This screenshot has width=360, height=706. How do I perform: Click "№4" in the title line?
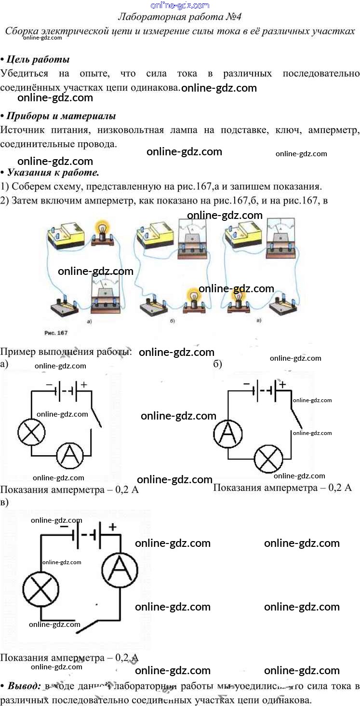(233, 17)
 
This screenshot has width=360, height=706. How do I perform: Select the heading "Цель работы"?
(37, 60)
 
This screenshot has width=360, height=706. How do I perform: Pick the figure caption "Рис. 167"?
(55, 333)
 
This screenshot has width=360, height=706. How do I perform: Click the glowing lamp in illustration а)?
(102, 229)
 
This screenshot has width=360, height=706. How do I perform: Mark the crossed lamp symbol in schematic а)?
(31, 432)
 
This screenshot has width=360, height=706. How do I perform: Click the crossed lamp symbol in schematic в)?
(41, 589)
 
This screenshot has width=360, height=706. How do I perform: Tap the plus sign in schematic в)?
(113, 527)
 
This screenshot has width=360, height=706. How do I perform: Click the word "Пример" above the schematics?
(18, 352)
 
